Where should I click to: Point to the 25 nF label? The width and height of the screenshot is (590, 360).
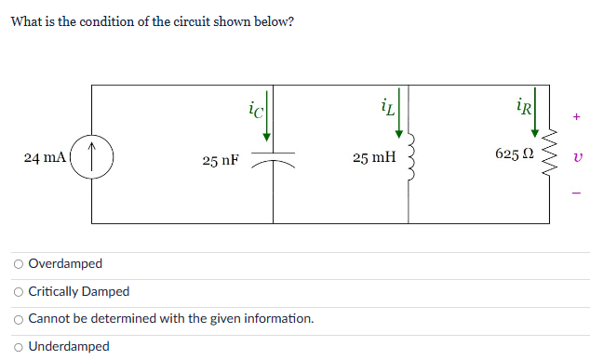tap(221, 160)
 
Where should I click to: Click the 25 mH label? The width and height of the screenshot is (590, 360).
tap(373, 158)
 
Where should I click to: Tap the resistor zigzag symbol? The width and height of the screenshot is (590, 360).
tap(549, 155)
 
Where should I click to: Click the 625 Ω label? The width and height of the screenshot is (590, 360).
tap(514, 153)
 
